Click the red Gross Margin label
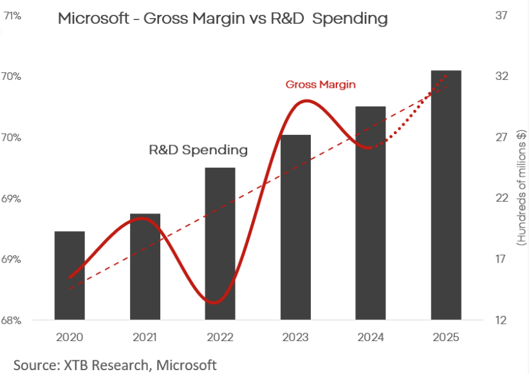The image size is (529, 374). coord(320,84)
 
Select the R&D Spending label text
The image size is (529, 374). coord(198,150)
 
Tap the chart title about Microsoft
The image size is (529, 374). coord(223,19)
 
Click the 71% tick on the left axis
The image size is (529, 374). coord(13,15)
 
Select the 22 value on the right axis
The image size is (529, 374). coord(502,199)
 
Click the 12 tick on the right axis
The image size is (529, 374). coord(502,320)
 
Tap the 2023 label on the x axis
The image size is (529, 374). coord(295,337)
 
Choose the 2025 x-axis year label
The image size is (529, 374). coord(446,337)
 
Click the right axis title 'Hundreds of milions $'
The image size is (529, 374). coord(521,188)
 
